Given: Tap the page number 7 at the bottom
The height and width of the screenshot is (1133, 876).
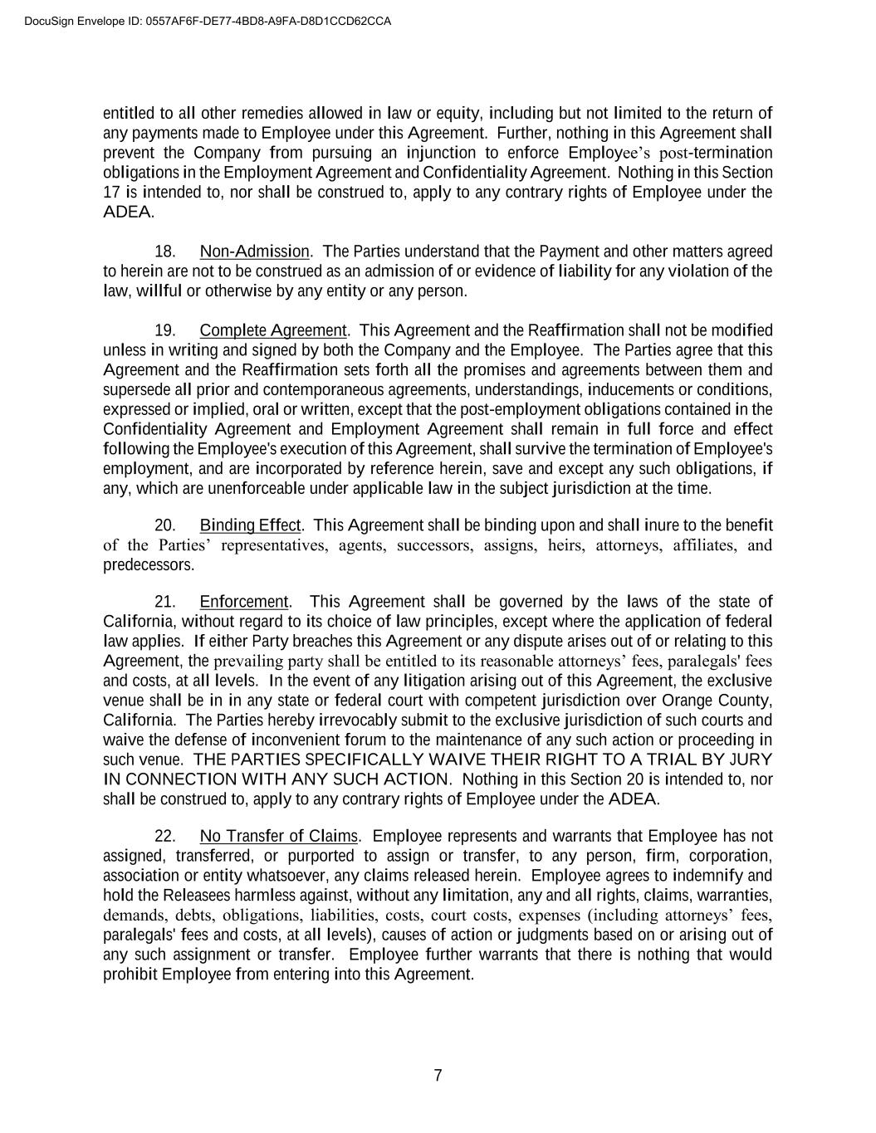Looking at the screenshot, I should (438, 1076).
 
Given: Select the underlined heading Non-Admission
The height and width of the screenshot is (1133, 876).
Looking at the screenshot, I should (254, 252).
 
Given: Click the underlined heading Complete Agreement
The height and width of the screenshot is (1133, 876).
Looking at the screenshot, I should (273, 330).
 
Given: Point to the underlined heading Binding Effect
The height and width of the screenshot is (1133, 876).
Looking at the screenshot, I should (251, 525).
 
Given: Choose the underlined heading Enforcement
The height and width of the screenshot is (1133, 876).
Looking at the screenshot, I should (244, 602).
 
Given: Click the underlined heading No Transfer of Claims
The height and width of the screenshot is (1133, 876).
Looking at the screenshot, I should (279, 836).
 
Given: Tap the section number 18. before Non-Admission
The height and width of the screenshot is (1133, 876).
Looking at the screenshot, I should (165, 252).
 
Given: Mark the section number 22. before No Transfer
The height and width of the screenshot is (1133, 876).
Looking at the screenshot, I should (165, 836).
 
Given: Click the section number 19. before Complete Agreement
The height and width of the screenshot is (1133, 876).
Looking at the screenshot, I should (165, 330).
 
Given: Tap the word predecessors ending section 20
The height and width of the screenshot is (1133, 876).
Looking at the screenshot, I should (149, 565).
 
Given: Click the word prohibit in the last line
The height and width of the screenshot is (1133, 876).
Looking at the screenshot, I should (130, 974).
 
